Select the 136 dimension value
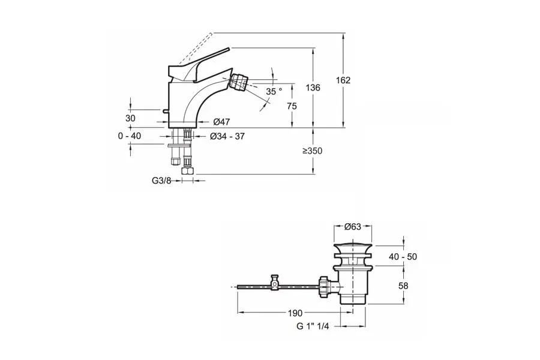point(313,88)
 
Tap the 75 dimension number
point(292,106)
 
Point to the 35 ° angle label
point(274,91)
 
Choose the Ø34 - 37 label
point(227,136)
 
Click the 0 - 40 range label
point(130,136)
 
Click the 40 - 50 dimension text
point(403,257)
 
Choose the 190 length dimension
point(295,313)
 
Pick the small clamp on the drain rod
point(275,281)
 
